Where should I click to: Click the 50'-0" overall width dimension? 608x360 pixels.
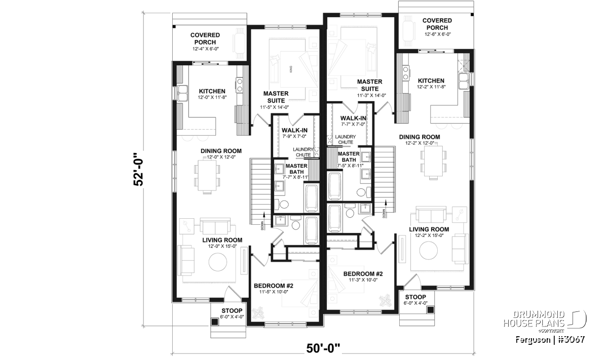click(323, 348)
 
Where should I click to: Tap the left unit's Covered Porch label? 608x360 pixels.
click(205, 38)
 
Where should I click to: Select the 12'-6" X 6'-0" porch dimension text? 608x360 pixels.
click(438, 34)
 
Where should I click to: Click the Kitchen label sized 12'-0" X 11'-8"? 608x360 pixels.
click(212, 91)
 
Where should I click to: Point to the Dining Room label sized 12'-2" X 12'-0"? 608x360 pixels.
click(420, 137)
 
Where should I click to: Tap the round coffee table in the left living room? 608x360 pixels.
click(218, 262)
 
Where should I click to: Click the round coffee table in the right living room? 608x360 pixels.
click(428, 251)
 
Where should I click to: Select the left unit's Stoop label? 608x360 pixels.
click(232, 310)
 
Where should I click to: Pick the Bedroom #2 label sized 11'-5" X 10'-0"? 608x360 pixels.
click(273, 286)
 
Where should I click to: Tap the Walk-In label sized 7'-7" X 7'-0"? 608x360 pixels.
click(353, 118)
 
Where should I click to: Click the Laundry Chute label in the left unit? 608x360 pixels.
click(303, 152)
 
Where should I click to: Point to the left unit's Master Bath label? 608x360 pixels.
click(296, 169)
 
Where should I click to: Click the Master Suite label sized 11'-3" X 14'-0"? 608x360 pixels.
click(370, 85)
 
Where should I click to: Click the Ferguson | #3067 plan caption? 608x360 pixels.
click(550, 340)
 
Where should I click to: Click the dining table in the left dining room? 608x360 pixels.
click(207, 176)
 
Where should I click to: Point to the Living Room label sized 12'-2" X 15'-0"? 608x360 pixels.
click(429, 229)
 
